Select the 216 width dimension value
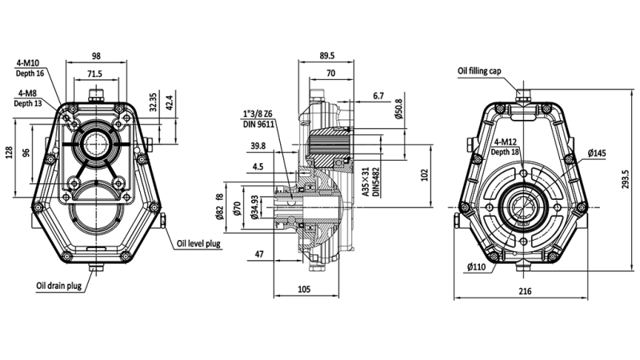point(525,292)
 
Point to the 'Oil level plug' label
point(195,243)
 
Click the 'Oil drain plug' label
point(58,284)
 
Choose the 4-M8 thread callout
point(27,94)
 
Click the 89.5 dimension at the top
point(327,55)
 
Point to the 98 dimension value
point(96,55)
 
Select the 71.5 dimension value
point(94,74)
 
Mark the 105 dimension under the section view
point(304,289)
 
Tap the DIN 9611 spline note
point(258,124)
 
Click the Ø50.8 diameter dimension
point(398,106)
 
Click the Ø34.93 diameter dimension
point(255,207)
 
